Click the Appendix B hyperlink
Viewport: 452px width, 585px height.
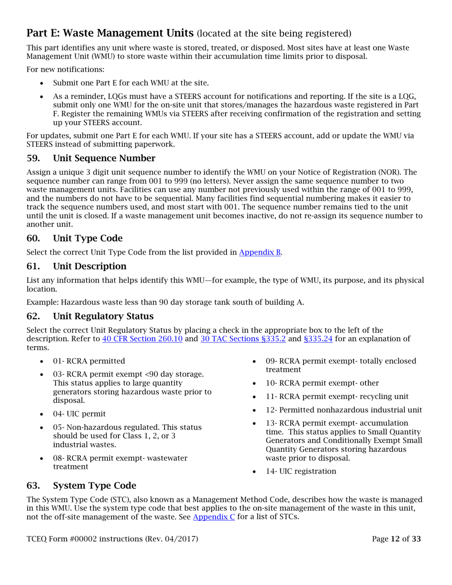259,253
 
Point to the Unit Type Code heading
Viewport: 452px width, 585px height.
88,238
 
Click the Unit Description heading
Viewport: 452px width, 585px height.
89,266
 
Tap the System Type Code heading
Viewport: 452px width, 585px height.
94,486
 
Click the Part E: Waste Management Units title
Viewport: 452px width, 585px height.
110,33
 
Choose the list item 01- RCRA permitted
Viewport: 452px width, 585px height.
89,361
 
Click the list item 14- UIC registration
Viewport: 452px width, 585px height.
301,471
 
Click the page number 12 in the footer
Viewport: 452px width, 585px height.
395,539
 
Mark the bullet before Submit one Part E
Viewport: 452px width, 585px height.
44,83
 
